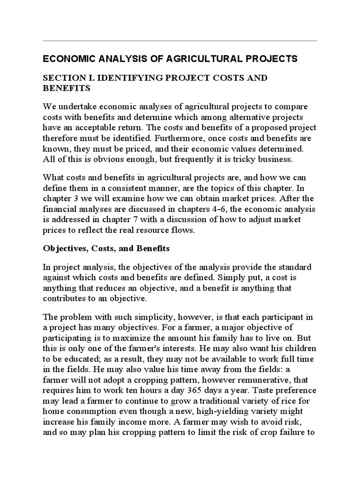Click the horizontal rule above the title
(x=180, y=41)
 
